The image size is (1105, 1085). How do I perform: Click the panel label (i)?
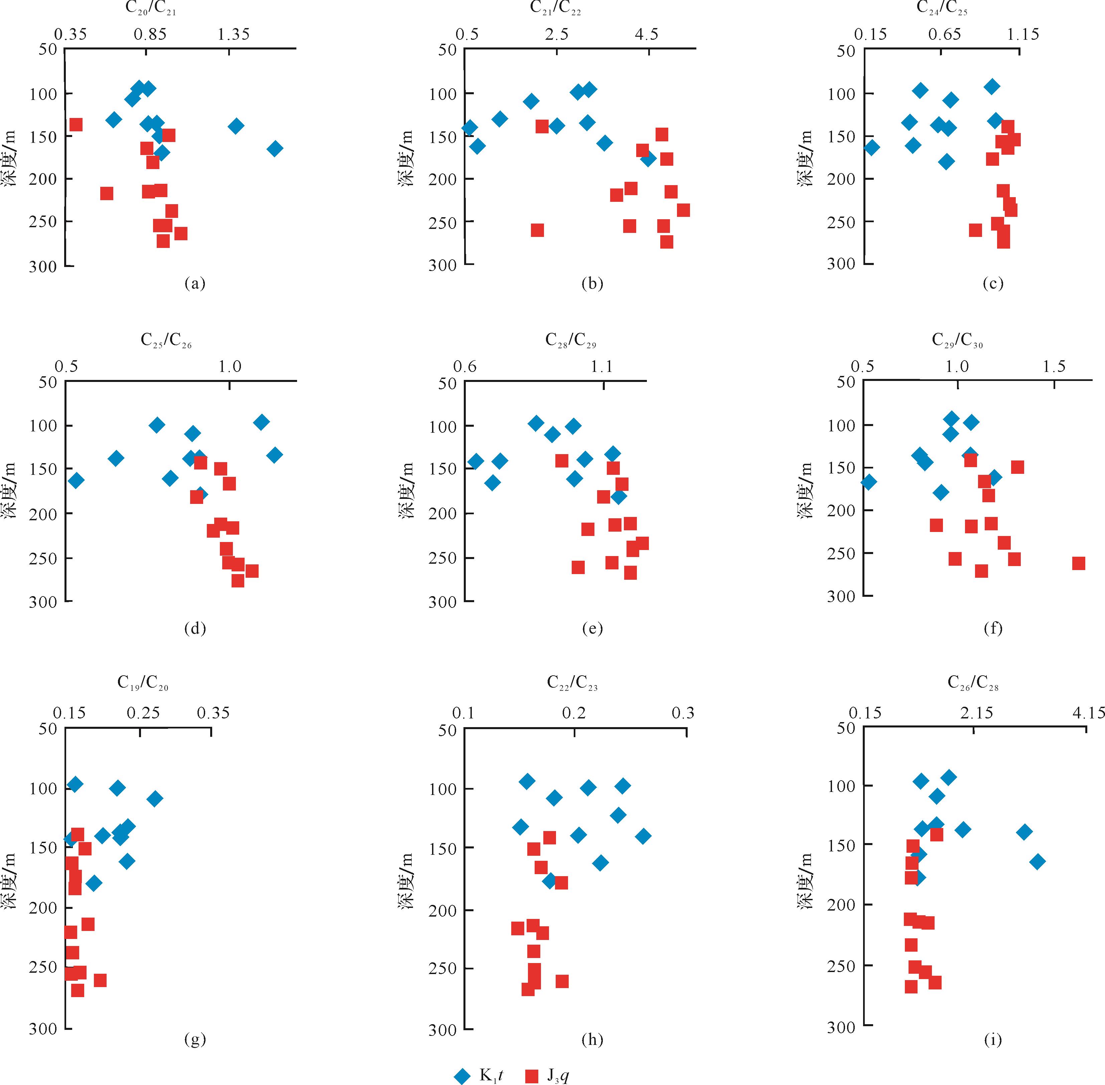click(x=993, y=1040)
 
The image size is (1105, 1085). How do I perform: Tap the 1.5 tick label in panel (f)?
click(x=1054, y=367)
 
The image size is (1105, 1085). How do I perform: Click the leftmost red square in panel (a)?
click(x=76, y=124)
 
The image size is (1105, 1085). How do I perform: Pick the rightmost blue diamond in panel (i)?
click(x=1037, y=861)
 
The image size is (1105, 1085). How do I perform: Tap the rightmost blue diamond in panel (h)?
click(x=643, y=836)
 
